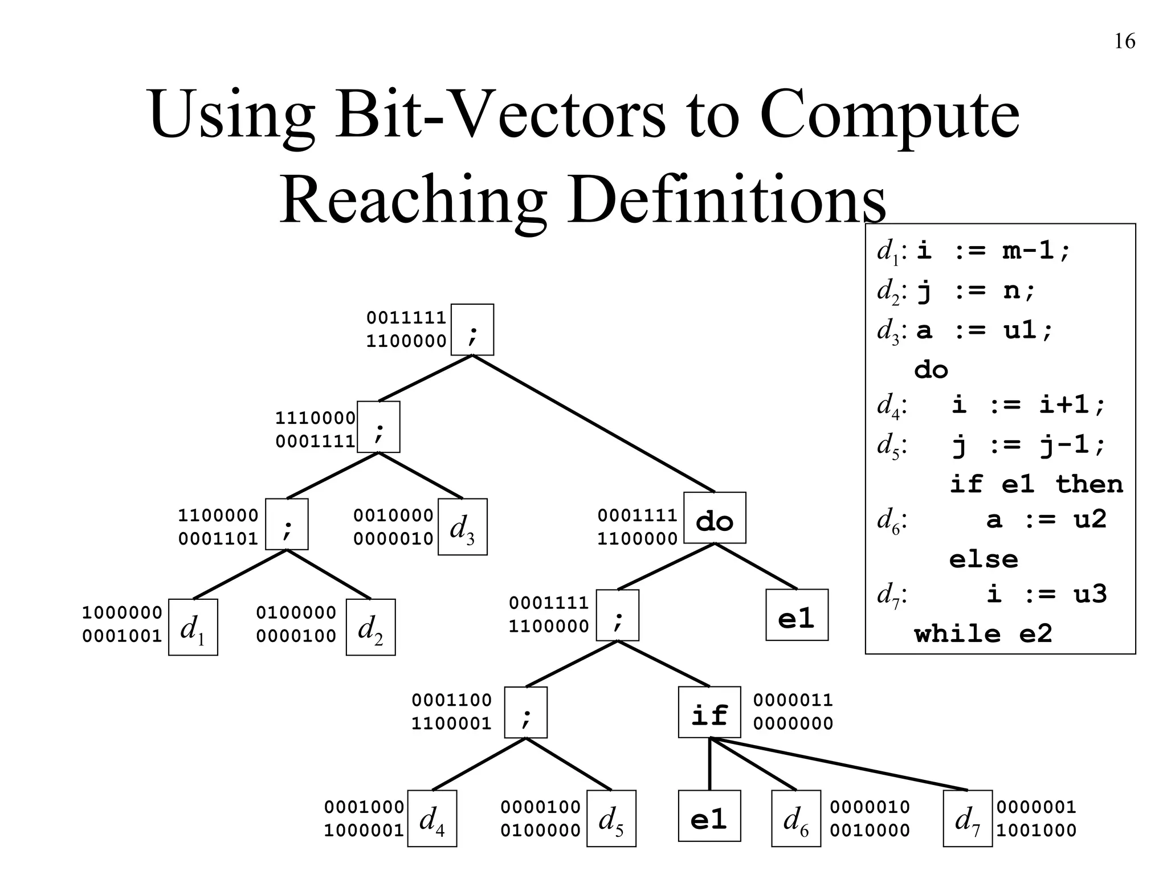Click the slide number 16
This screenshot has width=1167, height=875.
pos(1124,42)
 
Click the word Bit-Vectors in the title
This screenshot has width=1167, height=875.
pos(500,114)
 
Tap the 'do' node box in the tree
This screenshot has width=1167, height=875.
pos(715,518)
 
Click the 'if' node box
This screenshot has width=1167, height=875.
pos(709,712)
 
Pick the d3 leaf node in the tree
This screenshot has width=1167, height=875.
pos(462,527)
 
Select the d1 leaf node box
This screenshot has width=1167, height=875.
pos(193,627)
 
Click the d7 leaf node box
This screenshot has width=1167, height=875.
pos(968,819)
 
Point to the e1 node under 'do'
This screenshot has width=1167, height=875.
pos(797,615)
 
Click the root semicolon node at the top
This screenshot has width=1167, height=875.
pos(472,330)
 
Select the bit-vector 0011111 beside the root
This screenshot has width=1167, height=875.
pos(406,317)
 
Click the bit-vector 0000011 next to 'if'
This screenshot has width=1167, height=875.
pos(793,700)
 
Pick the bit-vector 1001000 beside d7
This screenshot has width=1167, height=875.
pos(1036,831)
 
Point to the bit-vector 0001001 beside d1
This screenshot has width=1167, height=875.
pos(122,636)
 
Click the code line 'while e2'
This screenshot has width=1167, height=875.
pos(982,633)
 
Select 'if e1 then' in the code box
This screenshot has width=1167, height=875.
pos(1036,484)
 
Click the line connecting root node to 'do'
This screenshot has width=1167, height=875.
pos(593,423)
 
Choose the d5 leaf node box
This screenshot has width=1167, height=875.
pos(611,819)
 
